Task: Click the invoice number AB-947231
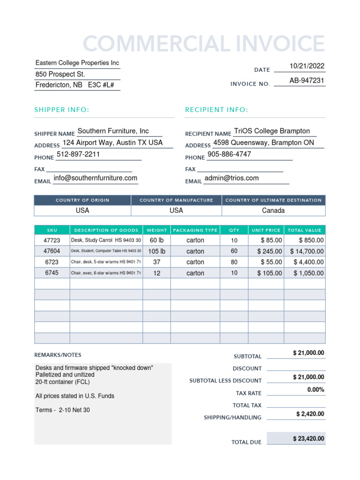[x=307, y=81]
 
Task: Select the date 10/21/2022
[x=307, y=66]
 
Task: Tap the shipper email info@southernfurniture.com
[x=95, y=178]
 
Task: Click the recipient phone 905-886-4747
[x=229, y=154]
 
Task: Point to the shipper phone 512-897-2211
[x=78, y=154]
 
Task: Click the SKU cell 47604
[x=52, y=251]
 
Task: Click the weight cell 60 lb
[x=157, y=240]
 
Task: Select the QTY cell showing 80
[x=234, y=262]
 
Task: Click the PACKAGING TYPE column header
[x=195, y=230]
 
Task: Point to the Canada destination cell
[x=273, y=211]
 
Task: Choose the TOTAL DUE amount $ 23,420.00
[x=308, y=439]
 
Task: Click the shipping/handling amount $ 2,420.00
[x=310, y=414]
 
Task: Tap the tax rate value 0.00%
[x=315, y=390]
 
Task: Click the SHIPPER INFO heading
[x=61, y=110]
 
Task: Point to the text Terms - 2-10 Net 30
[x=63, y=410]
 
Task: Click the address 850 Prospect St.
[x=60, y=74]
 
